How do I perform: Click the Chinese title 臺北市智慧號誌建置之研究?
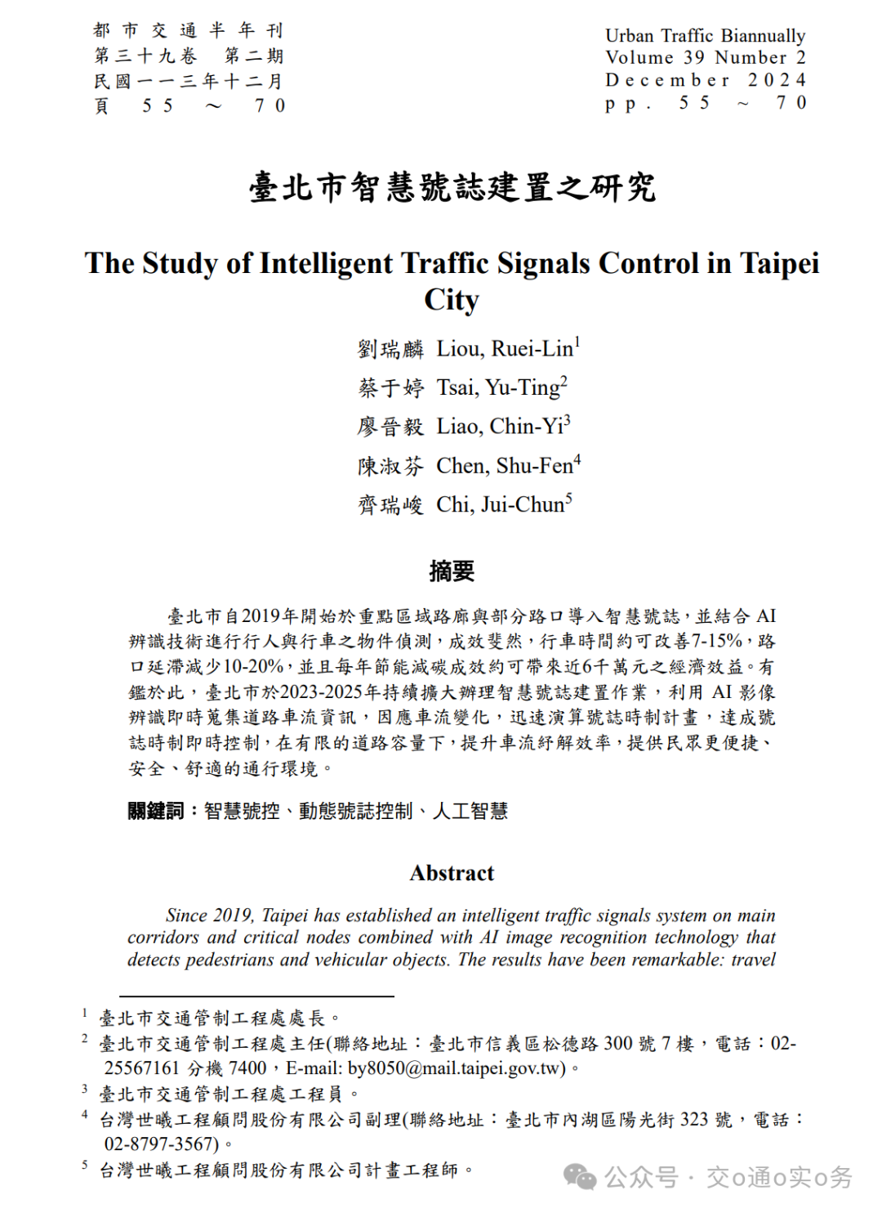(452, 188)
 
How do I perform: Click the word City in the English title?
(452, 300)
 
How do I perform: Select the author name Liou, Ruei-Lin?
(505, 349)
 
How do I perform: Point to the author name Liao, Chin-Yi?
(500, 426)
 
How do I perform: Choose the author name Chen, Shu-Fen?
(505, 466)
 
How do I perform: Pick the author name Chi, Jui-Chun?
(500, 504)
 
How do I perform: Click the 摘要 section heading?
(452, 571)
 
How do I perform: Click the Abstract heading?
(452, 873)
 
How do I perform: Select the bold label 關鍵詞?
(155, 811)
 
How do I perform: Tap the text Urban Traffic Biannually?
(705, 35)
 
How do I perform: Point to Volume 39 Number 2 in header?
(705, 57)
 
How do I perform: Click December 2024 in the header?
(705, 80)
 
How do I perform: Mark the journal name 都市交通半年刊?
(188, 31)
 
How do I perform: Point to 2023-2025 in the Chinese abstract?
(321, 692)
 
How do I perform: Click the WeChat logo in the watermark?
(581, 1177)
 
